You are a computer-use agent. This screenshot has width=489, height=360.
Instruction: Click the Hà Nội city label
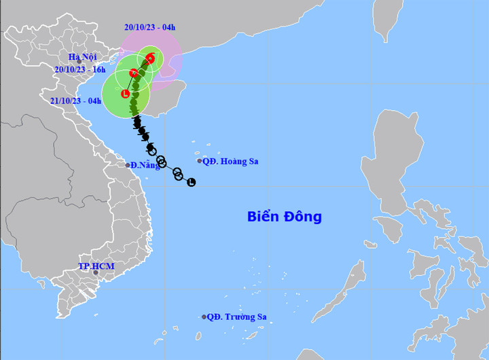tap(87, 57)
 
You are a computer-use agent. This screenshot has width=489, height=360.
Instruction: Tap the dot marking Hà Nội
tap(79, 62)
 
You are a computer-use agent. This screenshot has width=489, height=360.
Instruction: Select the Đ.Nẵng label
tap(145, 165)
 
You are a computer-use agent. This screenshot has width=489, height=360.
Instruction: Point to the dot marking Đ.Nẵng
tap(128, 165)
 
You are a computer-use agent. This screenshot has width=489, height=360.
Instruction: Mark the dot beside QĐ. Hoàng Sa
tap(200, 161)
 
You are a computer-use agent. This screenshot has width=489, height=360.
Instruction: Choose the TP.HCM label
tap(96, 266)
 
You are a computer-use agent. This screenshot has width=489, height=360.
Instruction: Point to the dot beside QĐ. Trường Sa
tap(204, 317)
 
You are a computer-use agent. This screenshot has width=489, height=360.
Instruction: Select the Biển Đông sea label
tap(284, 217)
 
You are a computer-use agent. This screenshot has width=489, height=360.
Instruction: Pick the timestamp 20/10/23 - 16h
tap(79, 69)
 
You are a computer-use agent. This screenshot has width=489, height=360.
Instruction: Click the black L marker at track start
tap(191, 182)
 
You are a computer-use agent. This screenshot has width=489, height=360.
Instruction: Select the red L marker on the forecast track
tap(125, 94)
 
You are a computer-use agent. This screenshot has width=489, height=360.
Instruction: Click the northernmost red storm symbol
tap(149, 59)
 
